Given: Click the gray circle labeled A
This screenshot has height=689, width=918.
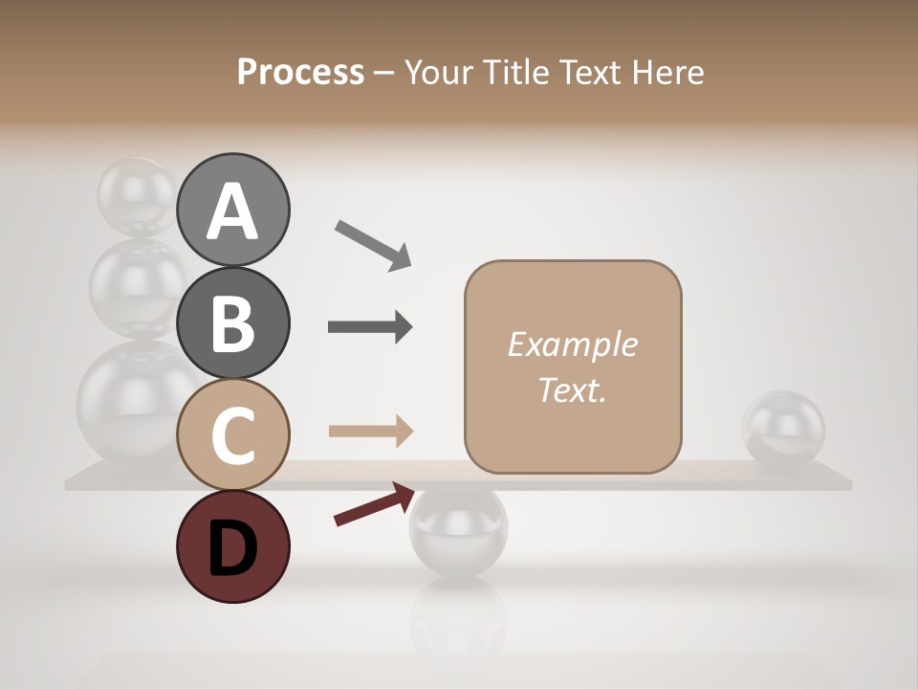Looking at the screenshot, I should click(x=232, y=210).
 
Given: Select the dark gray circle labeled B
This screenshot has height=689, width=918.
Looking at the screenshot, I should click(x=232, y=322).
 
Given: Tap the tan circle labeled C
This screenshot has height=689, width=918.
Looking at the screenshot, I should click(x=232, y=435).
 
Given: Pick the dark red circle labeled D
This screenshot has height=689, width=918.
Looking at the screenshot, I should click(x=232, y=547).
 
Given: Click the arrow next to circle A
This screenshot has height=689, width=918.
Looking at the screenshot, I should click(x=373, y=245).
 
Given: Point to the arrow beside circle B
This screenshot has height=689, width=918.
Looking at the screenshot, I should click(x=370, y=327).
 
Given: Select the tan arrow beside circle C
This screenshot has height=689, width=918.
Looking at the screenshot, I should click(x=371, y=432).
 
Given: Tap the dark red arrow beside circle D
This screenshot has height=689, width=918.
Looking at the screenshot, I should click(x=374, y=504).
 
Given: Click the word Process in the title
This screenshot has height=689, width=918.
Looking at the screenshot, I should click(x=300, y=72).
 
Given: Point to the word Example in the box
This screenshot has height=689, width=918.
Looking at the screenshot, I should click(x=572, y=344).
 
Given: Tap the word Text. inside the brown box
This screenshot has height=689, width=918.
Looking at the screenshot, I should click(x=572, y=390).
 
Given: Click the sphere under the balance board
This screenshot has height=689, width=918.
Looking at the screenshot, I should click(x=459, y=531).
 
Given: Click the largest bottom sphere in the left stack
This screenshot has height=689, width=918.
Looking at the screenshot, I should click(x=124, y=402).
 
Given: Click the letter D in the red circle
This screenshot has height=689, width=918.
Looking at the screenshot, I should click(x=232, y=547).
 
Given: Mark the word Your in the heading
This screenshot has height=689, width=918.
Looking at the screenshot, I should click(x=439, y=72).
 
